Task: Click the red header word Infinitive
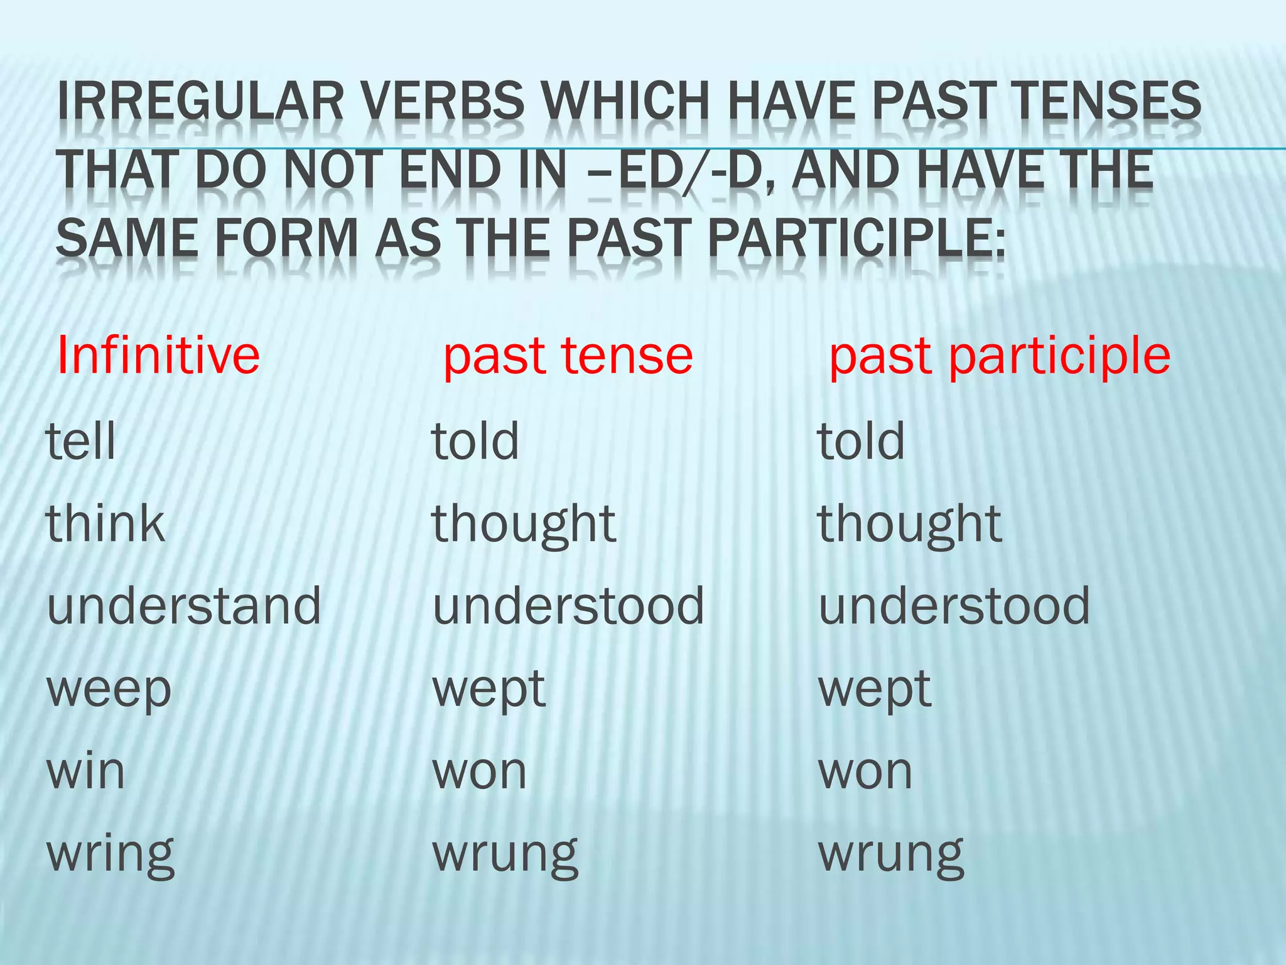(158, 356)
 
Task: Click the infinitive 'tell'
(81, 440)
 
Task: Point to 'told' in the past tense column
(475, 440)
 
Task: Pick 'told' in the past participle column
(861, 440)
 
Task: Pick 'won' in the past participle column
(865, 771)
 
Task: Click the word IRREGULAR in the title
(200, 101)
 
